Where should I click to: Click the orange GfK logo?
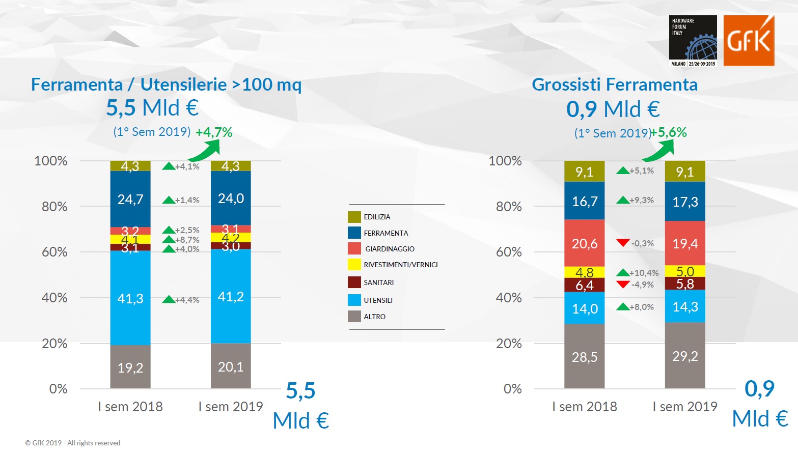[x=749, y=41]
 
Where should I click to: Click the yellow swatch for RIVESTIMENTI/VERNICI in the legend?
[x=354, y=265]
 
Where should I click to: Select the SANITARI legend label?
[x=378, y=282]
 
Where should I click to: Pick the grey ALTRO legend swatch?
[x=354, y=317]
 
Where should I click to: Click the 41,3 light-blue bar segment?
[x=130, y=298]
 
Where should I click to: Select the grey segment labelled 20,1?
[x=231, y=366]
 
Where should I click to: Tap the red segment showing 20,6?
[x=584, y=244]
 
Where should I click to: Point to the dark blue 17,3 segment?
[x=685, y=202]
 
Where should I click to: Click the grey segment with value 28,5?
[x=584, y=357]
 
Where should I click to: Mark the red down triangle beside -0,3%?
[x=623, y=243]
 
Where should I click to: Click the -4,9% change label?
[x=642, y=285]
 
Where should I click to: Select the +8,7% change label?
[x=187, y=240]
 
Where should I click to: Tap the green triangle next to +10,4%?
[x=623, y=273]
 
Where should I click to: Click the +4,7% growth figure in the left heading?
[x=214, y=132]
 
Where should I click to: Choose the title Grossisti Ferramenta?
[x=615, y=84]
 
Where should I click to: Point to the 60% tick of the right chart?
[x=508, y=252]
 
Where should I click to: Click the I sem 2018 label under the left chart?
[x=130, y=407]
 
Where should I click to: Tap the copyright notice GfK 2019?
[x=73, y=443]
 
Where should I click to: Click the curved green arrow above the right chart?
[x=659, y=150]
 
